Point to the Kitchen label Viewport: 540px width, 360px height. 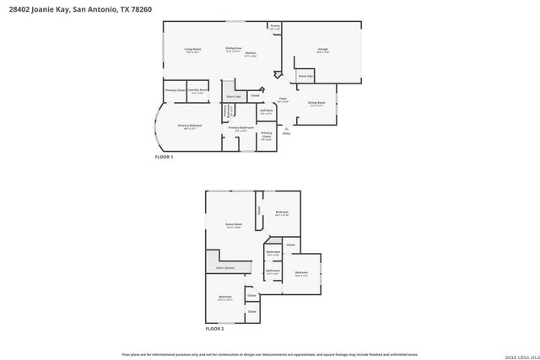[251, 54]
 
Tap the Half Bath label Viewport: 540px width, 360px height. [266, 111]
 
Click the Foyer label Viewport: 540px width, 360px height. [283, 100]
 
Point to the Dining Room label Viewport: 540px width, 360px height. [316, 105]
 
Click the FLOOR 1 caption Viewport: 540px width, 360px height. [164, 157]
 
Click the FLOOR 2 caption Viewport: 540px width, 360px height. [215, 328]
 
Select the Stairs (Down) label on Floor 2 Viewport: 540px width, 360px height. [224, 267]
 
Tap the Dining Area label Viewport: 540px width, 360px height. [233, 49]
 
